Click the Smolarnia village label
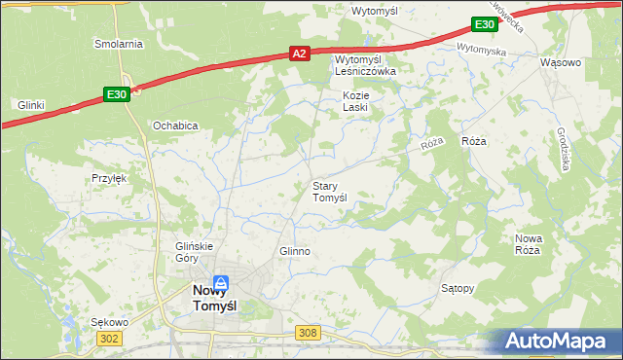tap(118, 44)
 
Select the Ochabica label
tap(175, 126)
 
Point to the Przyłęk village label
tap(110, 178)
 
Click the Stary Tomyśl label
tap(329, 191)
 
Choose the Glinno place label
tap(294, 251)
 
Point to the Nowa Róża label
tap(528, 244)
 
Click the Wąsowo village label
tap(560, 62)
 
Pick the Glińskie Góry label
tap(193, 252)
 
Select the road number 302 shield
tap(110, 338)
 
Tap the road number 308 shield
tap(308, 333)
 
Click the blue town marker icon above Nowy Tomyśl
tap(222, 282)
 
